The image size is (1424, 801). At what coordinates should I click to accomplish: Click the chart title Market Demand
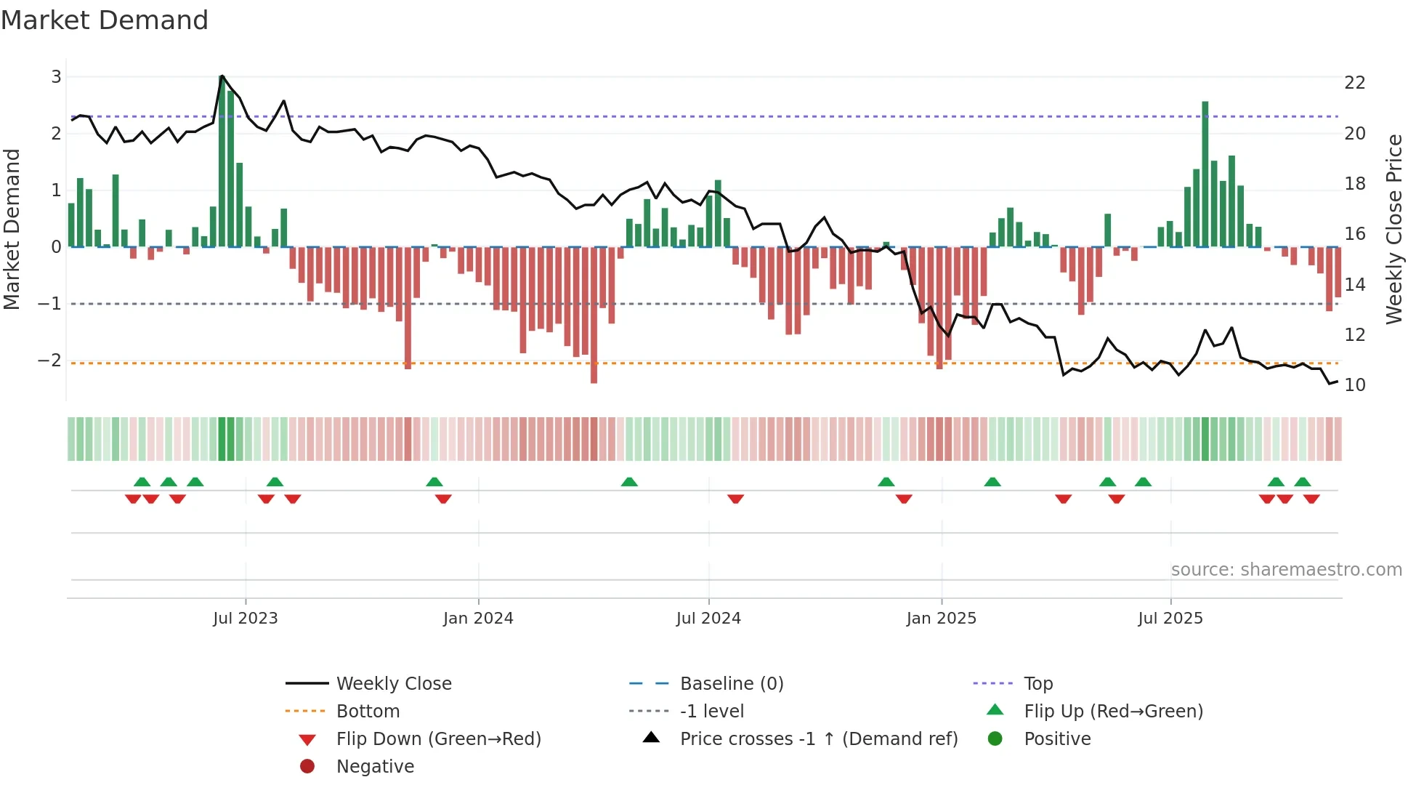[x=105, y=20]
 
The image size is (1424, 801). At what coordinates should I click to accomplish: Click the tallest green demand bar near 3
[x=222, y=161]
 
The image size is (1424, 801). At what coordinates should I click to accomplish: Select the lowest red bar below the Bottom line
[x=594, y=315]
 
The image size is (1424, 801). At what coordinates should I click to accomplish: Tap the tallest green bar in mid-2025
[x=1205, y=174]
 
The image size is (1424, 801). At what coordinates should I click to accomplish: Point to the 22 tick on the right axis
[x=1354, y=83]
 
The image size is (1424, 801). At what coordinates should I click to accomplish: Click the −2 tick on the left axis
[x=50, y=361]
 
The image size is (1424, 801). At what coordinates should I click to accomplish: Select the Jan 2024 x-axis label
[x=478, y=619]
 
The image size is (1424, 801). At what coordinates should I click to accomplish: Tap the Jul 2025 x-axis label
[x=1170, y=619]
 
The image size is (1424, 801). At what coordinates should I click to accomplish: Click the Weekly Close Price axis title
[x=1393, y=229]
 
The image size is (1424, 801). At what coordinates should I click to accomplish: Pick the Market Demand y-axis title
[x=12, y=229]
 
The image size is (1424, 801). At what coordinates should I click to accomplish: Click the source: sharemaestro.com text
[x=1286, y=570]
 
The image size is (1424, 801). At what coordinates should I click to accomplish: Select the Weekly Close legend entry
[x=393, y=684]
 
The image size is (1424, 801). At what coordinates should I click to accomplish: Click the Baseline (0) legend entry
[x=731, y=684]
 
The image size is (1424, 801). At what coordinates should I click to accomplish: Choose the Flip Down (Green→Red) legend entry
[x=438, y=739]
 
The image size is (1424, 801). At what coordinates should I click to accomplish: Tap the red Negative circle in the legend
[x=307, y=767]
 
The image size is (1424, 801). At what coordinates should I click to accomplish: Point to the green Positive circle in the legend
[x=995, y=739]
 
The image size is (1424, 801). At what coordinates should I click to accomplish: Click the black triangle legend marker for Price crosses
[x=652, y=738]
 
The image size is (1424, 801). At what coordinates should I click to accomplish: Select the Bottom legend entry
[x=368, y=712]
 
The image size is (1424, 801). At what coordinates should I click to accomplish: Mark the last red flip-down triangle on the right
[x=1311, y=499]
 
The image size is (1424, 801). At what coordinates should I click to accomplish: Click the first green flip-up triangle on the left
[x=142, y=482]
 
